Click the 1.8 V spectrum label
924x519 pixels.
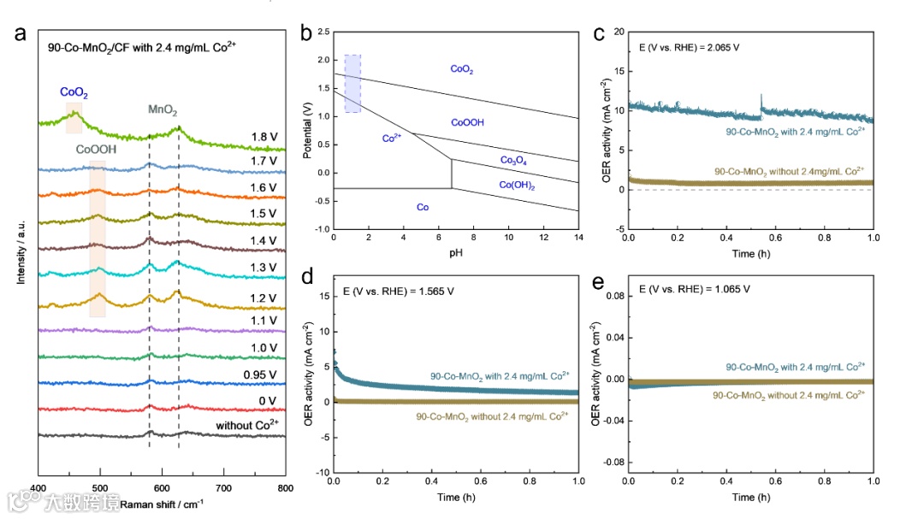point(264,136)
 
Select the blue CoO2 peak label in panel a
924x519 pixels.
point(74,91)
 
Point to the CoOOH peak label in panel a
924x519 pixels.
point(95,148)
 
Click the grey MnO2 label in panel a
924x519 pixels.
point(163,110)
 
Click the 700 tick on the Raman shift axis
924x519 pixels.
point(223,487)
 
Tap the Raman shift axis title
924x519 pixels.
point(162,504)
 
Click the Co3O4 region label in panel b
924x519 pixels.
point(514,160)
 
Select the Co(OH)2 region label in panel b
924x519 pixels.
point(517,185)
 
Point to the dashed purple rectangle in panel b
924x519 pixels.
point(352,83)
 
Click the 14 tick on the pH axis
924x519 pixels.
point(578,237)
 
